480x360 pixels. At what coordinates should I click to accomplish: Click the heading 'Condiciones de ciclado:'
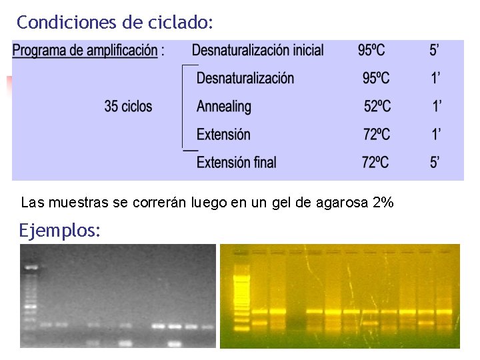click(115, 22)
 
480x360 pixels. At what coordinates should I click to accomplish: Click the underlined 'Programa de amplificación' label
click(85, 51)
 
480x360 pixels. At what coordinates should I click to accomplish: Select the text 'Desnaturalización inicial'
click(257, 50)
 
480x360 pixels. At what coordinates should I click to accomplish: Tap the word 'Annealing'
click(224, 106)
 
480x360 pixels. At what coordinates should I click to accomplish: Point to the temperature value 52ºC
click(377, 106)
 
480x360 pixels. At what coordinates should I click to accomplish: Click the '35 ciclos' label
click(128, 106)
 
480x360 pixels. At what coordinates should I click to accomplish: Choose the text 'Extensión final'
click(236, 162)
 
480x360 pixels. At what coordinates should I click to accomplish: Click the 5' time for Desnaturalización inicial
click(434, 50)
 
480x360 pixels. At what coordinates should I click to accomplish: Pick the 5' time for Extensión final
click(435, 162)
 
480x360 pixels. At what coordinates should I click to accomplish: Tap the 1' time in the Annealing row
click(437, 106)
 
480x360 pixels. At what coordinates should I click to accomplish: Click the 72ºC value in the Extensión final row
click(377, 162)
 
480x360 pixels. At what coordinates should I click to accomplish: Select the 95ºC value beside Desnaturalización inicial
click(371, 50)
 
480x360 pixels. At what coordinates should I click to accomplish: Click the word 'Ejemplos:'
click(60, 231)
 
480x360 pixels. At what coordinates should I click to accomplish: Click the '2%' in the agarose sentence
click(383, 202)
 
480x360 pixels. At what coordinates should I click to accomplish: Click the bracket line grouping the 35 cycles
click(183, 107)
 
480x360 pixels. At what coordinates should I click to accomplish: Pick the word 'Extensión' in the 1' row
click(223, 134)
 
